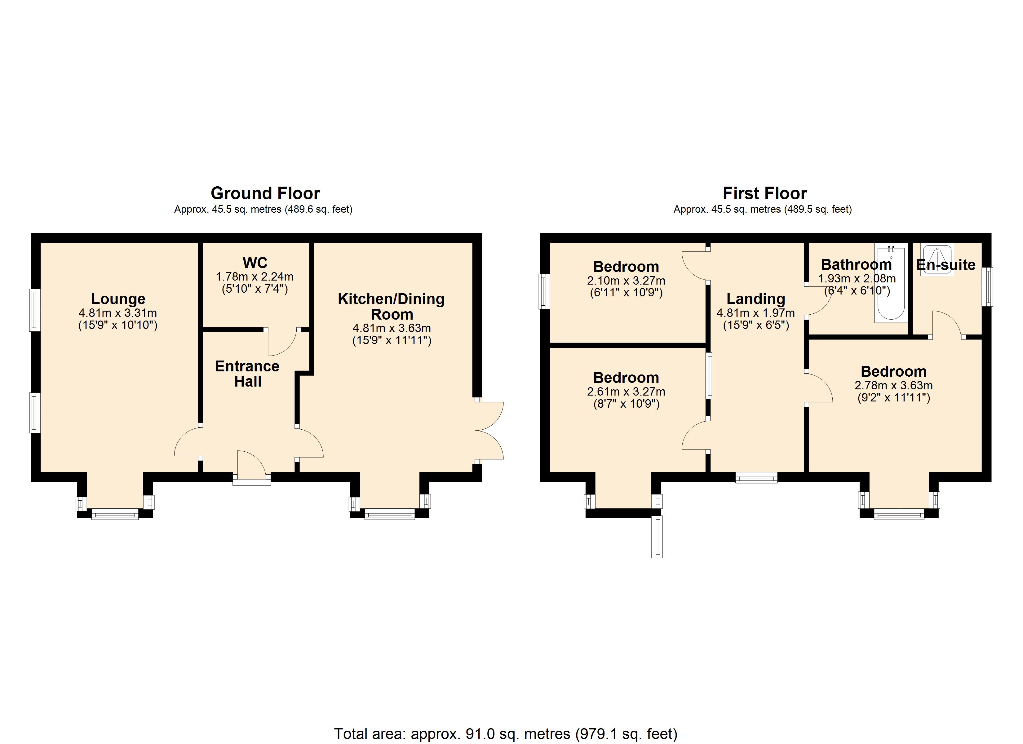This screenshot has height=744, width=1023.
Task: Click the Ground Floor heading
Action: [265, 193]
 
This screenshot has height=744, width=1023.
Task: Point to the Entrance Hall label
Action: [247, 374]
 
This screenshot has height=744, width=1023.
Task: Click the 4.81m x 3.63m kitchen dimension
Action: [392, 328]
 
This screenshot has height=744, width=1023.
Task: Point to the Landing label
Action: [756, 299]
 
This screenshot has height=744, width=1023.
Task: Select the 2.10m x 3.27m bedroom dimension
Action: [626, 281]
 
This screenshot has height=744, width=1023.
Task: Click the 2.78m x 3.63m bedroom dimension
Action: [893, 385]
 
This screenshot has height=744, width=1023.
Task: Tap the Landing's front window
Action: [756, 477]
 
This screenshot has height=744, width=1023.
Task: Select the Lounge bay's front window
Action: [115, 514]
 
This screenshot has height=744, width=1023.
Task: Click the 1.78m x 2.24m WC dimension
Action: [255, 277]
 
